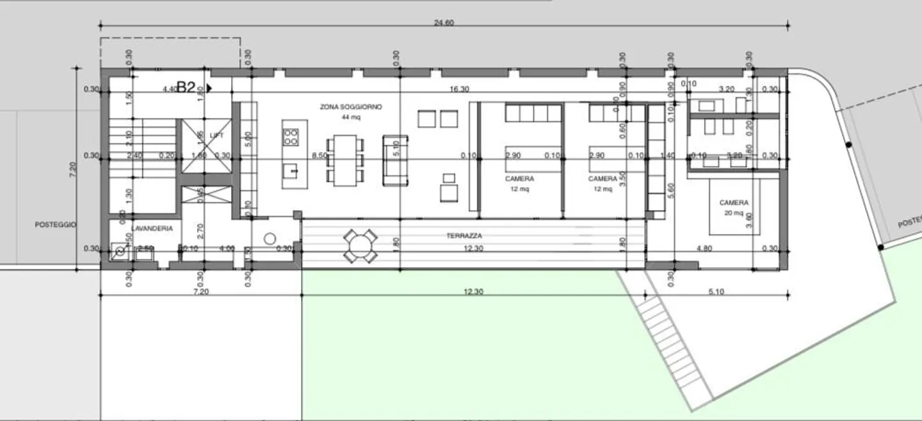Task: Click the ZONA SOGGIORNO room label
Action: coord(351,107)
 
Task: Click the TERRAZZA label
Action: coord(464,236)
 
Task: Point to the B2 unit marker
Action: coord(186,88)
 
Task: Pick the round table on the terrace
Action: coord(359,245)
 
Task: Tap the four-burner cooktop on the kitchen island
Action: coord(291,136)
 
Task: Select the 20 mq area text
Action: coord(734,213)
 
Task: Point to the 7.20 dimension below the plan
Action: coord(202,292)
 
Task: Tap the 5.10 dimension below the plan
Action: coord(716,292)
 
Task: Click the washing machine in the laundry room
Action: coord(120,252)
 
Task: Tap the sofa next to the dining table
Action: coord(395,160)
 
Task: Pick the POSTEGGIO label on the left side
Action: coord(56,224)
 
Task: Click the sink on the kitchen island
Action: coord(291,170)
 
